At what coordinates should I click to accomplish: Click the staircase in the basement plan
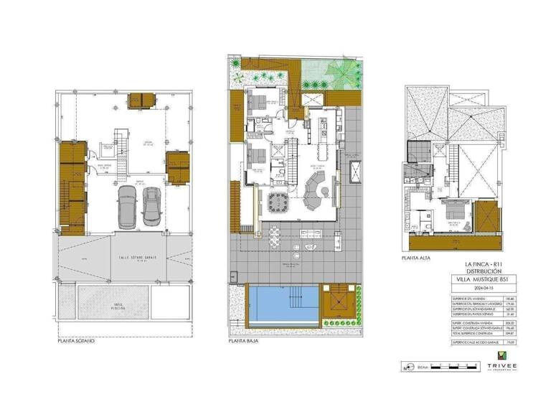pyautogui.click(x=121, y=150)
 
